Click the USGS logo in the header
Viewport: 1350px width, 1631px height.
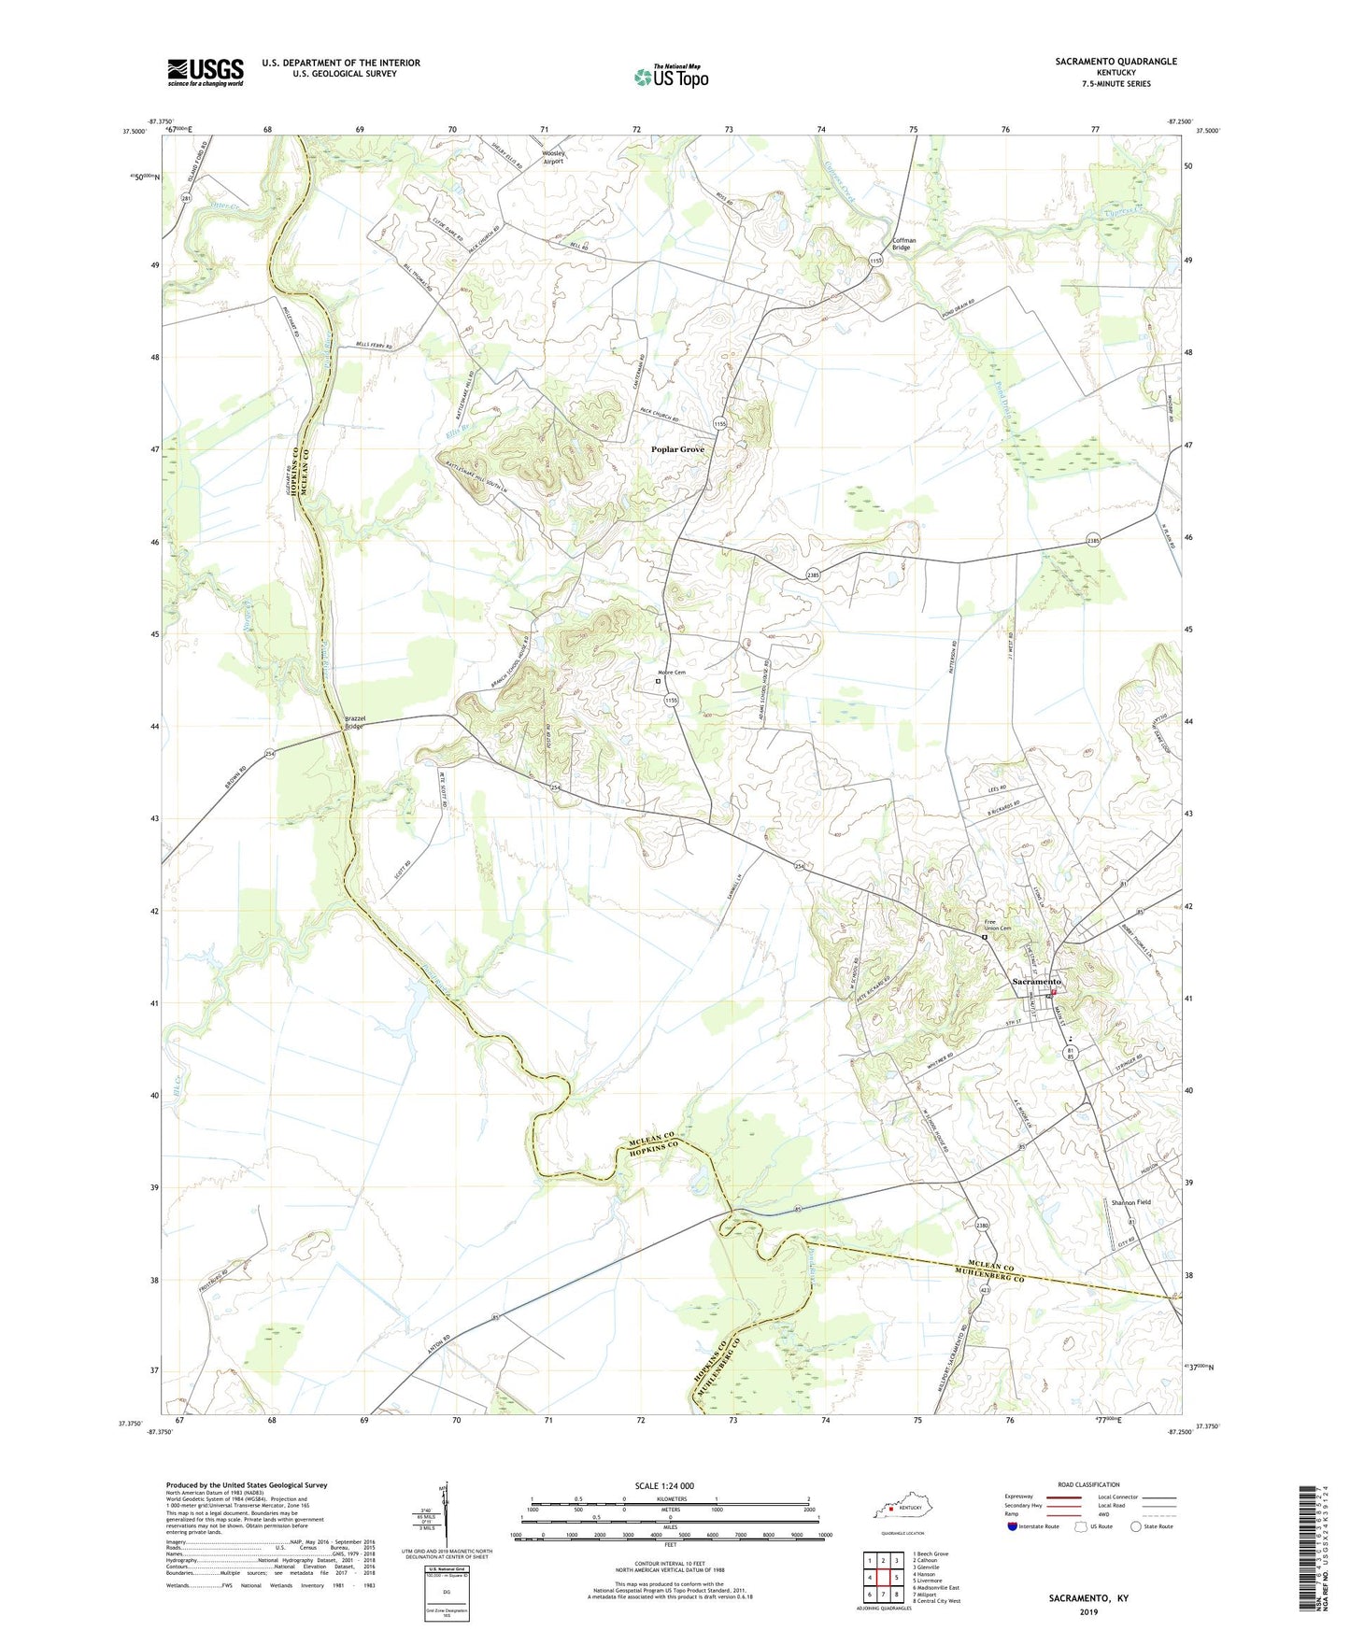[205, 72]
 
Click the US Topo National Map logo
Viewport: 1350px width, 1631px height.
[670, 76]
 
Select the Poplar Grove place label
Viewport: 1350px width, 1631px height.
[677, 449]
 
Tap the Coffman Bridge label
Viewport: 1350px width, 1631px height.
[903, 244]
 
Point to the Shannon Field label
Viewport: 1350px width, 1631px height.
[1130, 1202]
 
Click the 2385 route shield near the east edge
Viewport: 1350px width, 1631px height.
[1093, 541]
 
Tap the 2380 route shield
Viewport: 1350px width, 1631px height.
[981, 1225]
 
